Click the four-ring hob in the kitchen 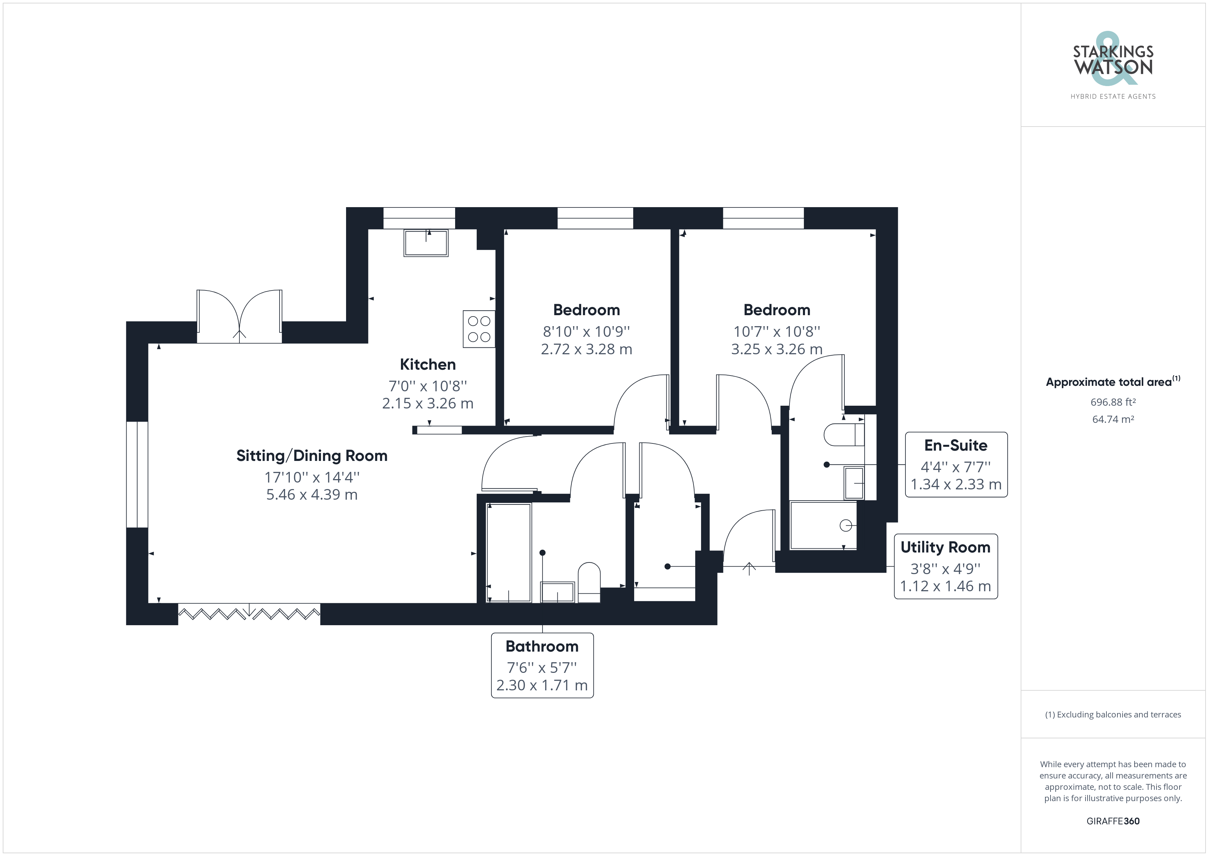479,329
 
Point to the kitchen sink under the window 426,243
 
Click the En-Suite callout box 956,464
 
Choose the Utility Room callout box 946,566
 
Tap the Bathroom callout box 542,665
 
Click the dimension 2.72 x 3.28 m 586,349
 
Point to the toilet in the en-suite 844,435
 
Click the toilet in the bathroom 589,582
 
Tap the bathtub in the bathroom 509,552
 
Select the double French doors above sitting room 239,316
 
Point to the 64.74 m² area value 1113,419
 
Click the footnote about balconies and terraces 1113,714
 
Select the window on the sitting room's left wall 137,474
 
